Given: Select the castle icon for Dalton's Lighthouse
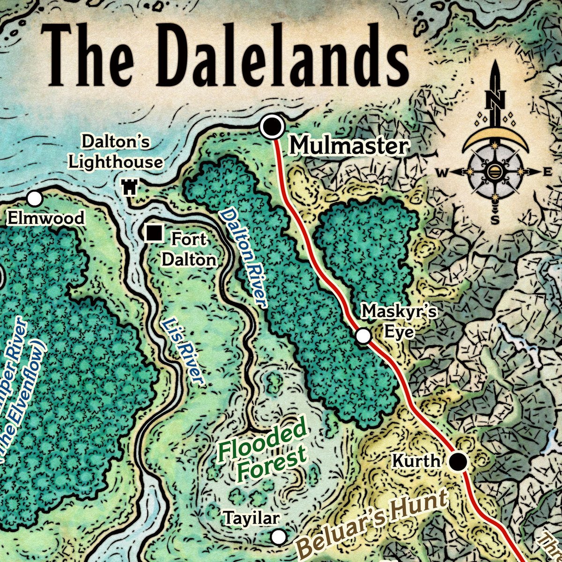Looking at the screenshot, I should point(129,187).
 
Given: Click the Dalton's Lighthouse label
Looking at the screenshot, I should point(116,152).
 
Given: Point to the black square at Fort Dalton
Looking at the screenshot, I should point(154,233).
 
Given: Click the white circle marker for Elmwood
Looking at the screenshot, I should point(35,199).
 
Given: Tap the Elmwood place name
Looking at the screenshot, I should point(46,218).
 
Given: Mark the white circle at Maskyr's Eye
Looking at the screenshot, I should point(363,336).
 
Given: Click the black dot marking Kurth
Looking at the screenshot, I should point(458,462).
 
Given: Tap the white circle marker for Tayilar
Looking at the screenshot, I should point(279,537).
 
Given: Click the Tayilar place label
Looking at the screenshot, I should point(251,518).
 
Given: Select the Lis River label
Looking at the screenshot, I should point(182,351).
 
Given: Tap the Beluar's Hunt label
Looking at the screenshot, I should point(372,522).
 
